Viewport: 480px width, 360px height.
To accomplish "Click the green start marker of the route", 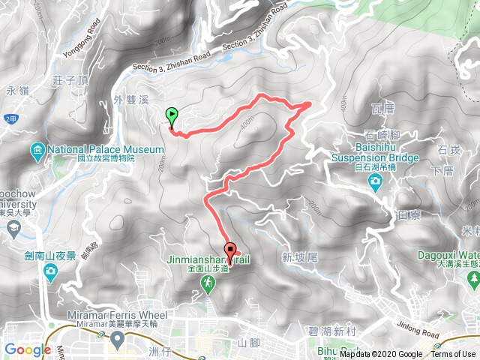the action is tap(172, 117).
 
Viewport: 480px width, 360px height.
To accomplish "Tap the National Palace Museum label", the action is tap(104, 149).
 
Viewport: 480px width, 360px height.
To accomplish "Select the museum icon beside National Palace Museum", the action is tap(37, 154).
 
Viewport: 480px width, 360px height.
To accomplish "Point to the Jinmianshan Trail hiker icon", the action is tap(208, 283).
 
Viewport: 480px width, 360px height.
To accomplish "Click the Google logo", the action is tap(28, 349).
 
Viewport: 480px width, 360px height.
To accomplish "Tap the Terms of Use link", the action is tap(453, 355).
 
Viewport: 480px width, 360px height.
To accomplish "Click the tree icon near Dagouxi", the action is tap(472, 279).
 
